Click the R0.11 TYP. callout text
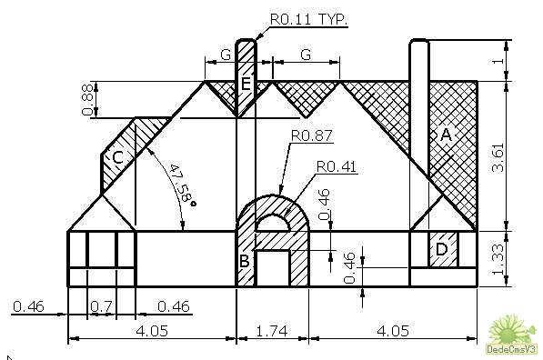coord(308,19)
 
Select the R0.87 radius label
coord(312,135)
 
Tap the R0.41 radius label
coord(337,167)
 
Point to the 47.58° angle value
coord(183,185)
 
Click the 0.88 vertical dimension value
coord(87,99)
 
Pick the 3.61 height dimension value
coord(498,157)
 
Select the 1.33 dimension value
coord(498,259)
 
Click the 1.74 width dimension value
coord(272,331)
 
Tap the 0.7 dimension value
coord(101,306)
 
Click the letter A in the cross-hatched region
coord(446,135)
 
